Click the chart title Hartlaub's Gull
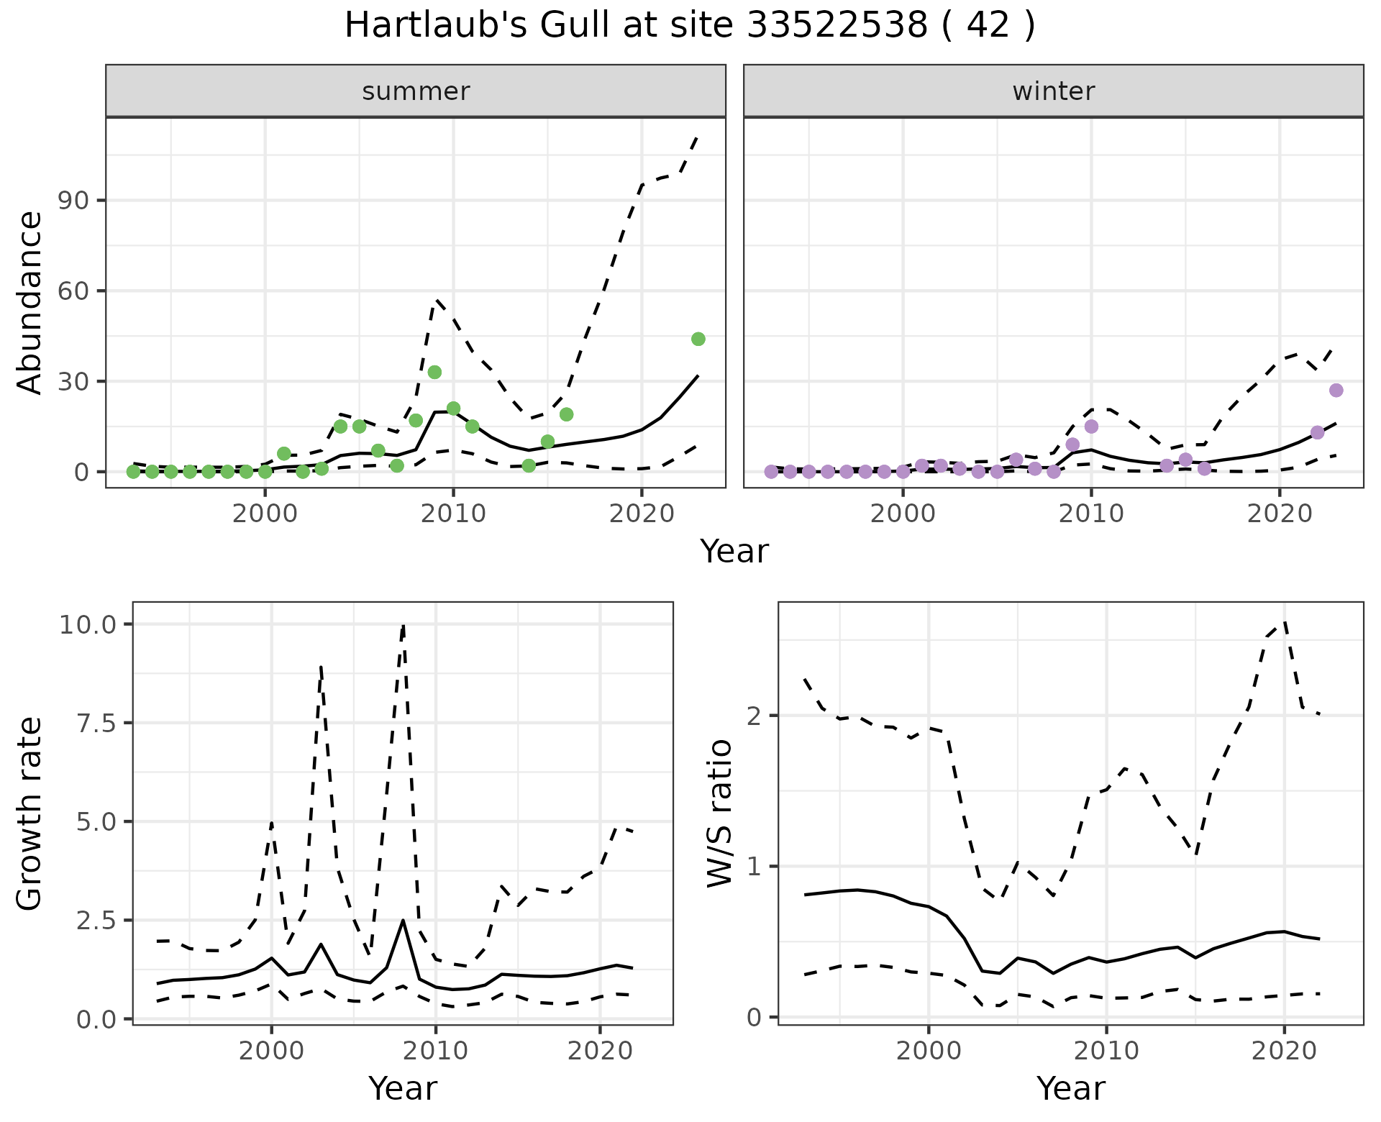click(689, 27)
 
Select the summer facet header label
click(416, 91)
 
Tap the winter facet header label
click(1053, 91)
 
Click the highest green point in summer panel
click(698, 339)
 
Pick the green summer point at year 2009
click(434, 372)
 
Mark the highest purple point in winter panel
click(1336, 391)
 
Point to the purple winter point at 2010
click(1091, 427)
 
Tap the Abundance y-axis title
click(30, 302)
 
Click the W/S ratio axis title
click(719, 813)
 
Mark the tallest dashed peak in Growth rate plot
click(404, 626)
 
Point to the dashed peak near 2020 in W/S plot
click(1285, 623)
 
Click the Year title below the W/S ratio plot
click(1070, 1089)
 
